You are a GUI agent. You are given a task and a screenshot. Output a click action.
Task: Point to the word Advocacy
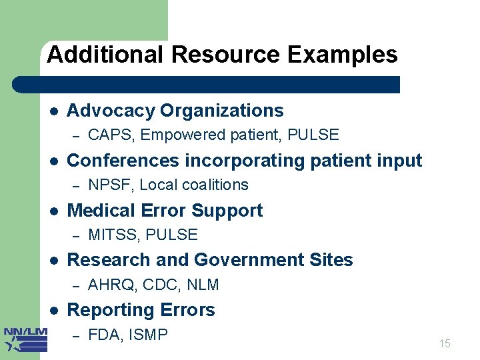(111, 111)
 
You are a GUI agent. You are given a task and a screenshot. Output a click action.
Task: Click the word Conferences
(123, 161)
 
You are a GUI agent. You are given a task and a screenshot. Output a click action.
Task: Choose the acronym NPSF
(110, 185)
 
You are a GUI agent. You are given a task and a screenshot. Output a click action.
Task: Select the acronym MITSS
(113, 235)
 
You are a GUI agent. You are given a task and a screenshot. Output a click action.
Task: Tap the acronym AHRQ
(112, 285)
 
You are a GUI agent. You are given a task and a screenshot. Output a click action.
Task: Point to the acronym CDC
(162, 285)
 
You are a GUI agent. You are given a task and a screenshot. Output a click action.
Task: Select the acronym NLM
(203, 285)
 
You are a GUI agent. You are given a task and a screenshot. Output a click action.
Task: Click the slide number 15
(445, 344)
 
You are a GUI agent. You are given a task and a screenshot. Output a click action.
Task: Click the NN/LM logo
(25, 339)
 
